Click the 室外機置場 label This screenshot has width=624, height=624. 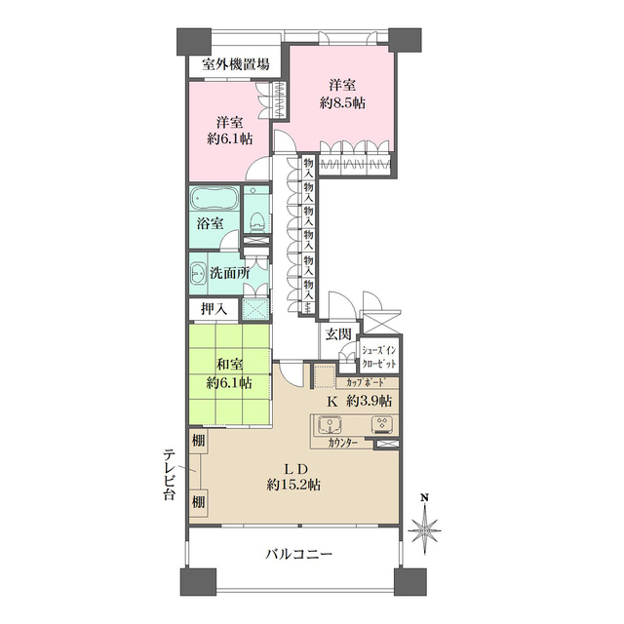pos(236,65)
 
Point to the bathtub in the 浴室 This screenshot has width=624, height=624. pos(214,199)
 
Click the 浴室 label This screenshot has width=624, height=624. pos(210,224)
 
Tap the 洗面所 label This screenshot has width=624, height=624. pos(230,273)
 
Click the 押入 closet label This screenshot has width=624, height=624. pos(214,309)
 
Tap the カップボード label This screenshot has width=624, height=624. pos(367,382)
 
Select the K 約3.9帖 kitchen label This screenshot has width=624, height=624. pos(358,401)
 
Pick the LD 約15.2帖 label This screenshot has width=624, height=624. pos(295,476)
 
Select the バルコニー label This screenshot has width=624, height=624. pos(299,554)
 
